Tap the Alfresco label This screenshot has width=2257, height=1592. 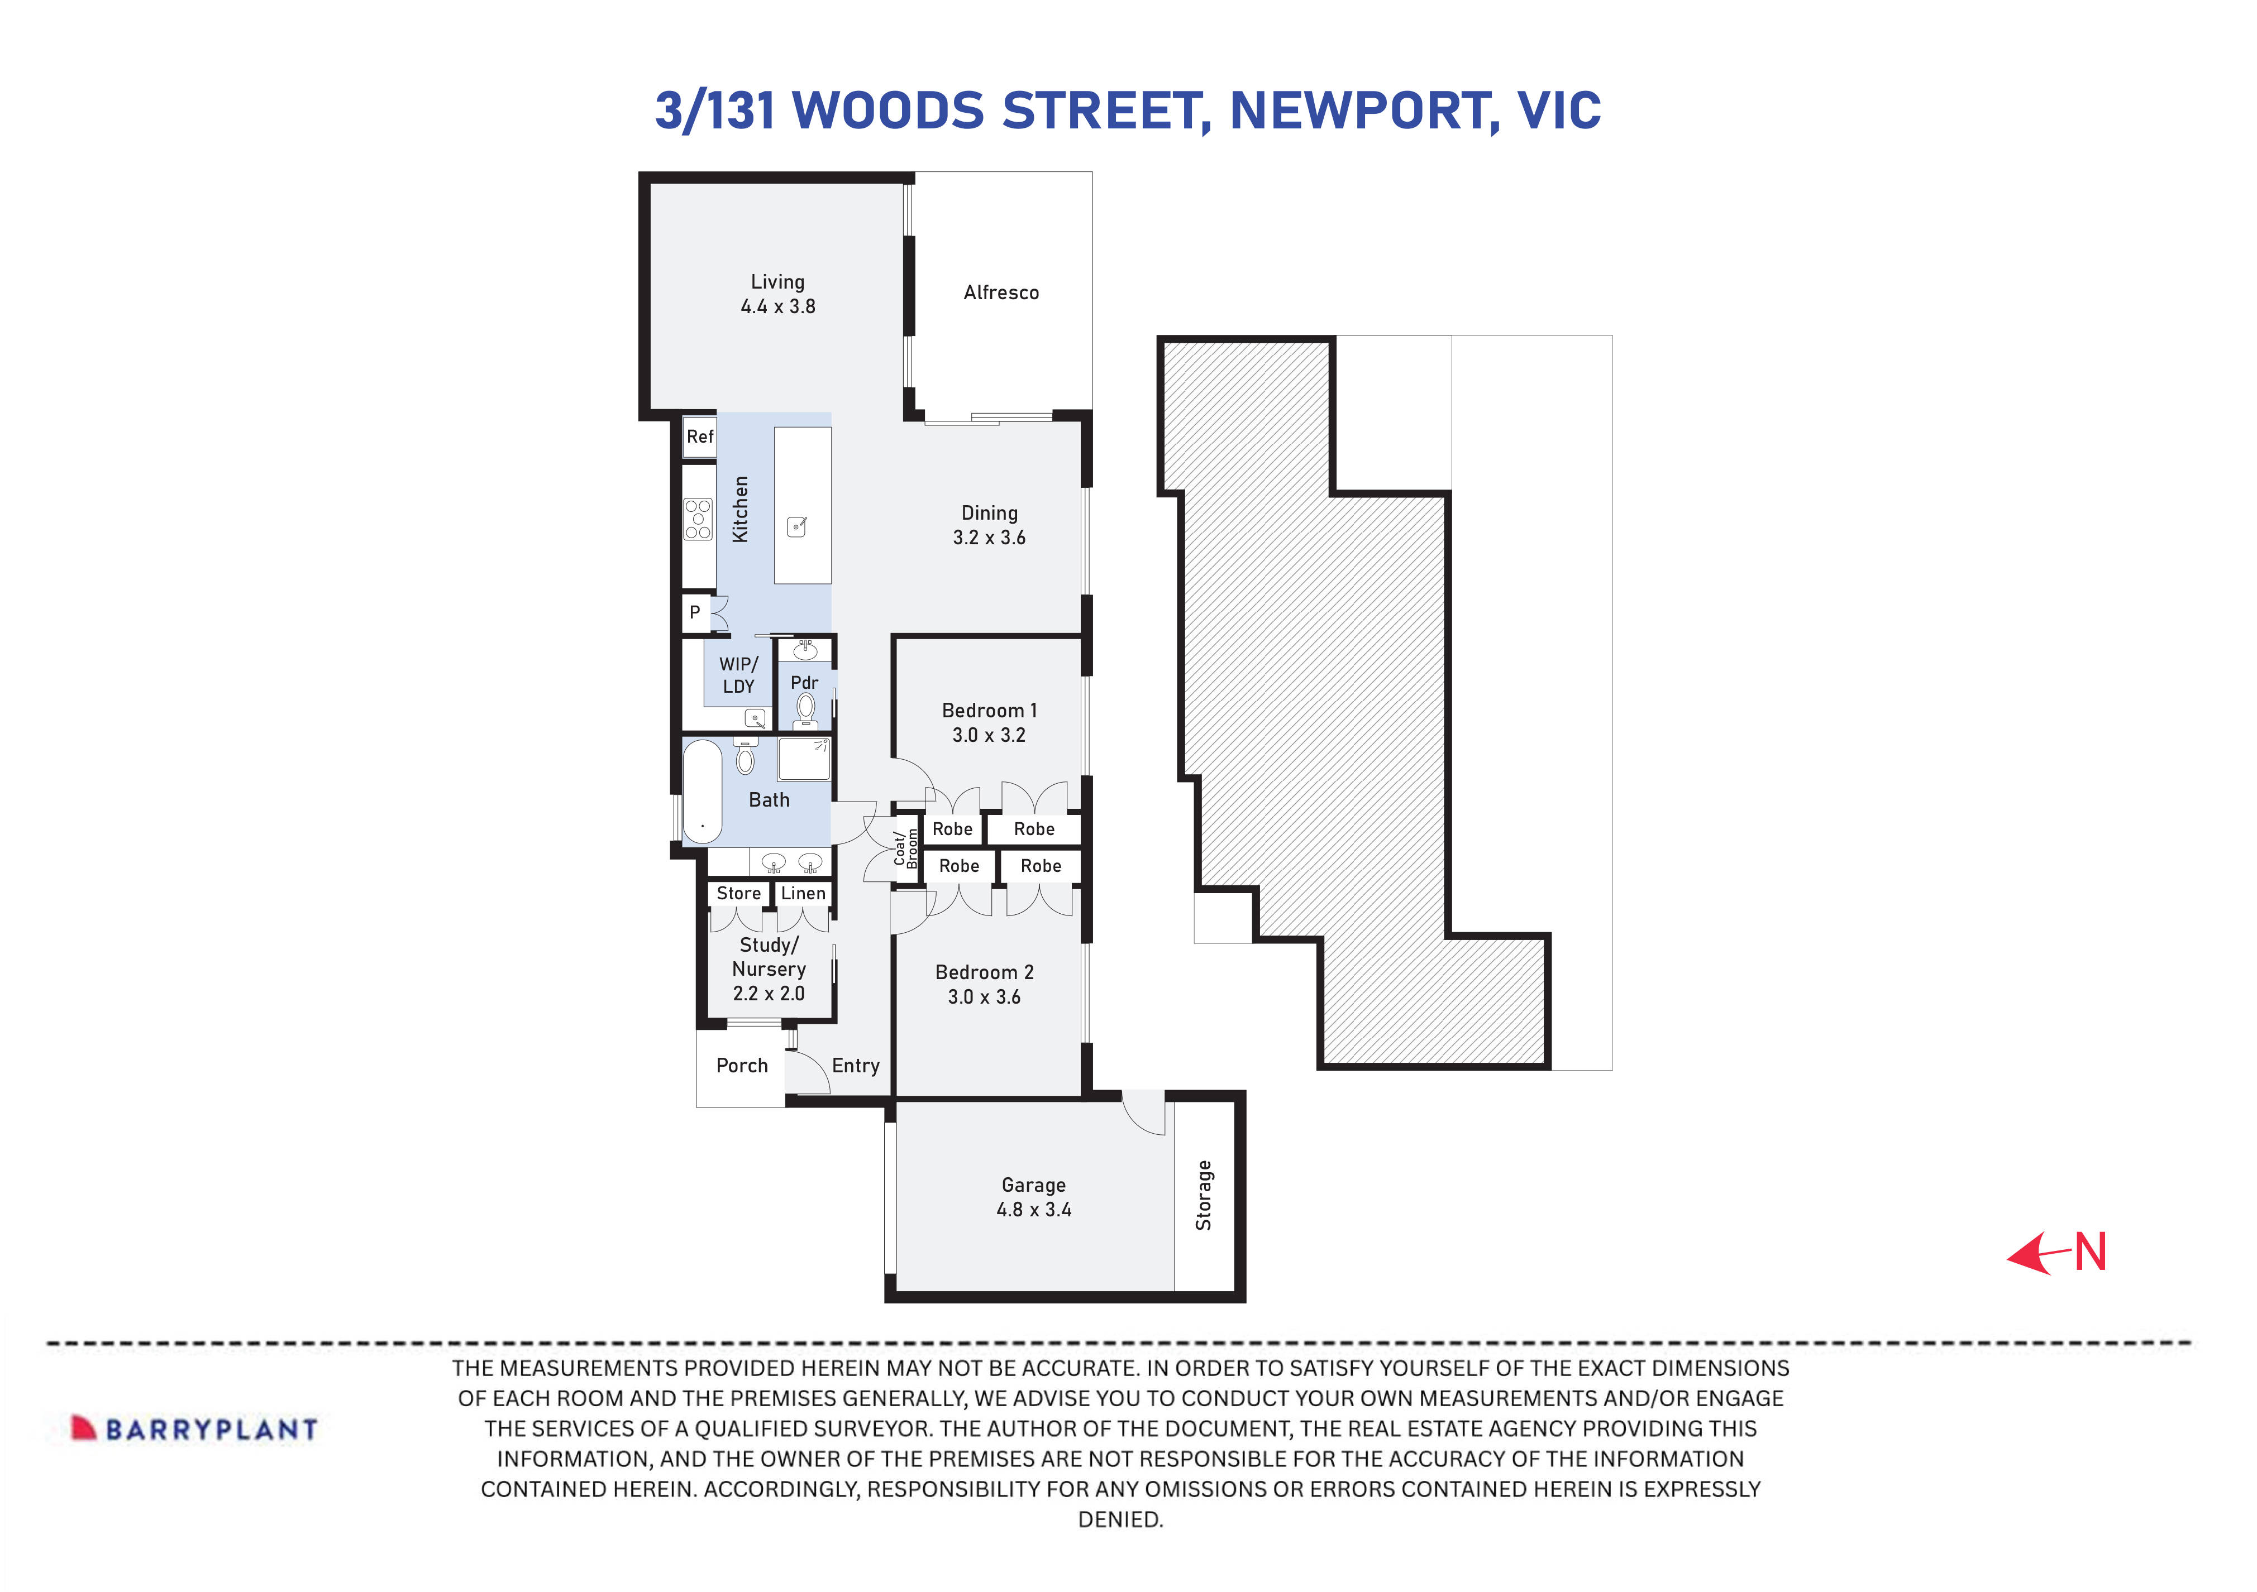click(x=1001, y=293)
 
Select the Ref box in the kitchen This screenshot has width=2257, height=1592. click(x=700, y=437)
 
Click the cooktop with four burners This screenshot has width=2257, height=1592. click(x=698, y=519)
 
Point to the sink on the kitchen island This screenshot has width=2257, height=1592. click(x=797, y=527)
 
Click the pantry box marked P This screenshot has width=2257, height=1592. click(x=695, y=612)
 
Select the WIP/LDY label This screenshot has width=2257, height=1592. click(x=738, y=675)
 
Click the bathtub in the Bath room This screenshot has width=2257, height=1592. click(x=702, y=791)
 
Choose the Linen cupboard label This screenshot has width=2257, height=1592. click(x=803, y=893)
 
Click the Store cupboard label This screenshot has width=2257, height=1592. click(x=738, y=893)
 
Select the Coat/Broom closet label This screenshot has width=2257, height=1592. click(x=905, y=849)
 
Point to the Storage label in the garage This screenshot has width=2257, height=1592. click(x=1203, y=1195)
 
